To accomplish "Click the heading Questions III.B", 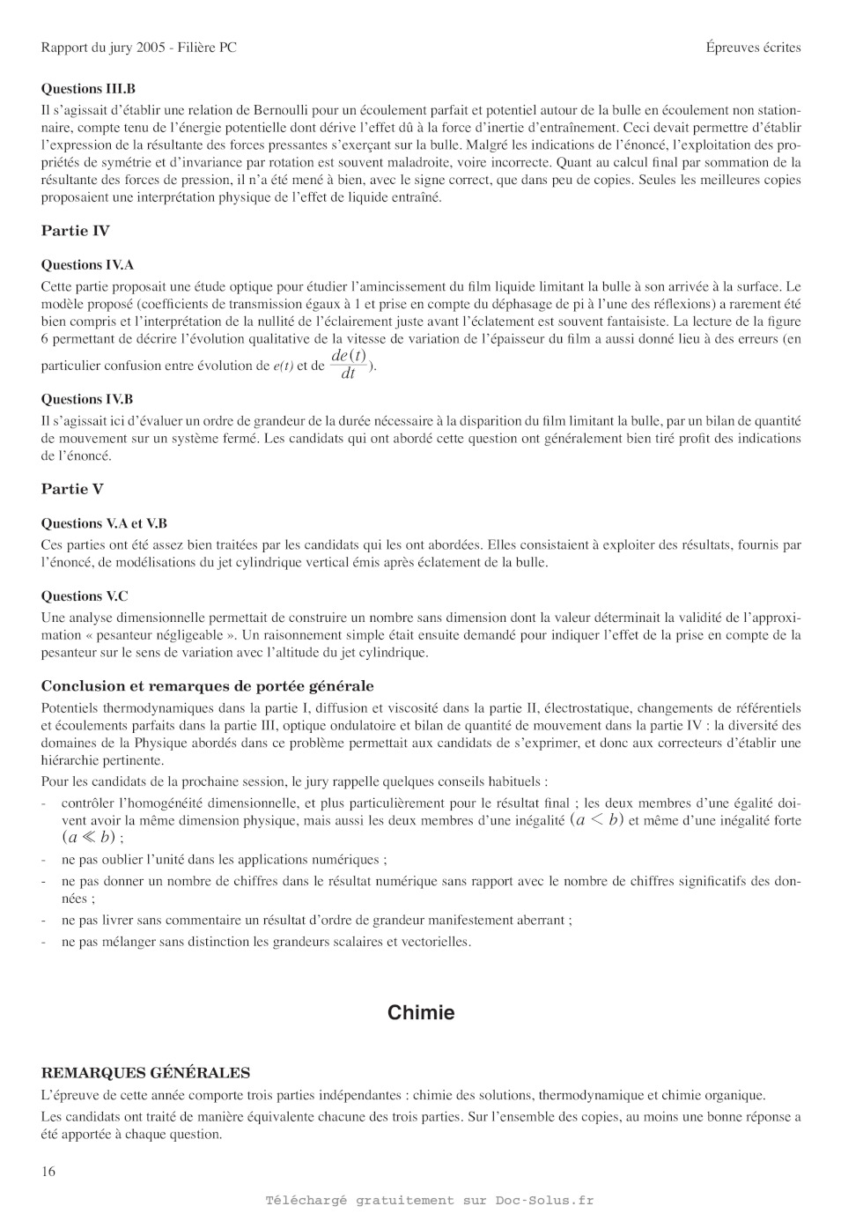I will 88,89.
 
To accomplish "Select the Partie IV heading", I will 76,231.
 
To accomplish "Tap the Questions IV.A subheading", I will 87,265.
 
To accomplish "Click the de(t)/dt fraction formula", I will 349,364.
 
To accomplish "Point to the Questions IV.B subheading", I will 87,399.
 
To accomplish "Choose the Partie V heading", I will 72,489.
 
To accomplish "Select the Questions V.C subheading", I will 85,596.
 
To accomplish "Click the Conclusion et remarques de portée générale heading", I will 207,686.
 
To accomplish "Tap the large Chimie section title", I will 421,1013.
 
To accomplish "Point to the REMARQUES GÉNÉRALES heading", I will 145,1073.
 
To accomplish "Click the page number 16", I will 48,1171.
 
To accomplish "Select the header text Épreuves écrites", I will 753,48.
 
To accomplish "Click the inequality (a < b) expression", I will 597,820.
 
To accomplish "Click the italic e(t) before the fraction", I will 284,366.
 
